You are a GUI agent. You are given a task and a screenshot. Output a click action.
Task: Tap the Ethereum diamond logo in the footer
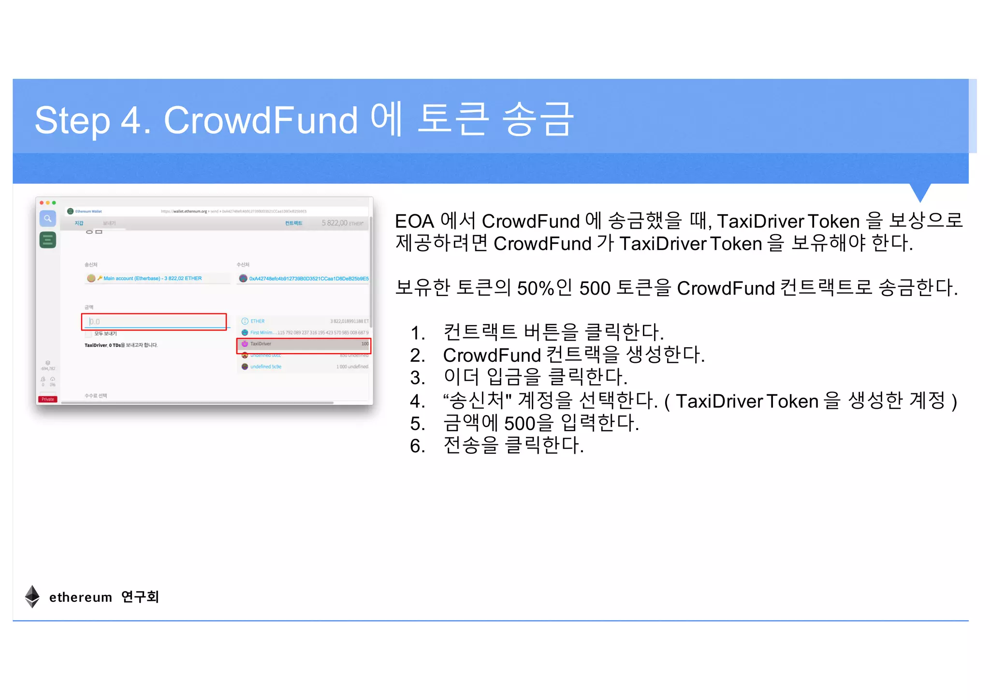click(32, 596)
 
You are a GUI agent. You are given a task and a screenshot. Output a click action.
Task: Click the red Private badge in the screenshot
click(47, 399)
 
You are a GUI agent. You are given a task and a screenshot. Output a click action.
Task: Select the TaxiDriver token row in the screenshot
click(304, 344)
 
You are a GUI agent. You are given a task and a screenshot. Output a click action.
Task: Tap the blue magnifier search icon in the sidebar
click(47, 219)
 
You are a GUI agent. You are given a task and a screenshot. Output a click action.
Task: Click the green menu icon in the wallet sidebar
click(47, 240)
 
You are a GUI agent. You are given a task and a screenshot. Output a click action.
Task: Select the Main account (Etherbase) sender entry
click(152, 278)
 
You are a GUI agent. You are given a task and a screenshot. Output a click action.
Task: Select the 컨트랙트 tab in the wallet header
click(293, 223)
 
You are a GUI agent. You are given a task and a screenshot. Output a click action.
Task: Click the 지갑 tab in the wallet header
click(79, 223)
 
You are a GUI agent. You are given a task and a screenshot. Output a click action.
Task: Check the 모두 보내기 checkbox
click(88, 334)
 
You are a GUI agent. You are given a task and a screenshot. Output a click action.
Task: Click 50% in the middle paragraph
click(535, 288)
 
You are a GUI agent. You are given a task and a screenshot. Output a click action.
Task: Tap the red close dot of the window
click(42, 203)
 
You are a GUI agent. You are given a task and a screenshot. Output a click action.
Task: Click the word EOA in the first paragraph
click(414, 222)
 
